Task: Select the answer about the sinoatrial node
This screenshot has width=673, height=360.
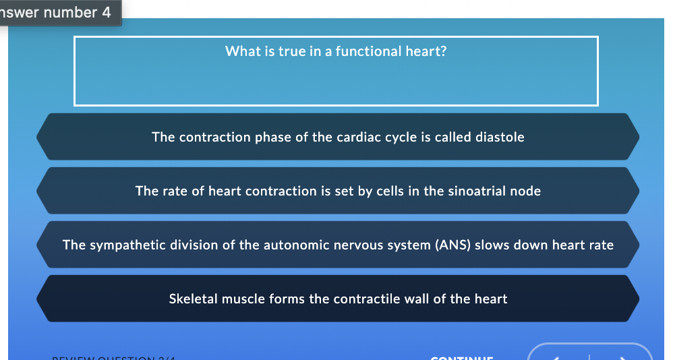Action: pos(337,191)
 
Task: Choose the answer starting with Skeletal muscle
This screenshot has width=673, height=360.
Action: pos(337,299)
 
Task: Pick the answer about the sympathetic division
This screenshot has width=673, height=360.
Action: pos(337,245)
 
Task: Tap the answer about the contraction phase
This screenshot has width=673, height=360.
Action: pos(337,137)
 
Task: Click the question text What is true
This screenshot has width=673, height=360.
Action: pos(335,51)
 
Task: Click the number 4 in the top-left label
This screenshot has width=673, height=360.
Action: pos(107,13)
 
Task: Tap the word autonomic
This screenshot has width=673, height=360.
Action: pos(289,245)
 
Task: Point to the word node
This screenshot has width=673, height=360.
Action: pos(527,191)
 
